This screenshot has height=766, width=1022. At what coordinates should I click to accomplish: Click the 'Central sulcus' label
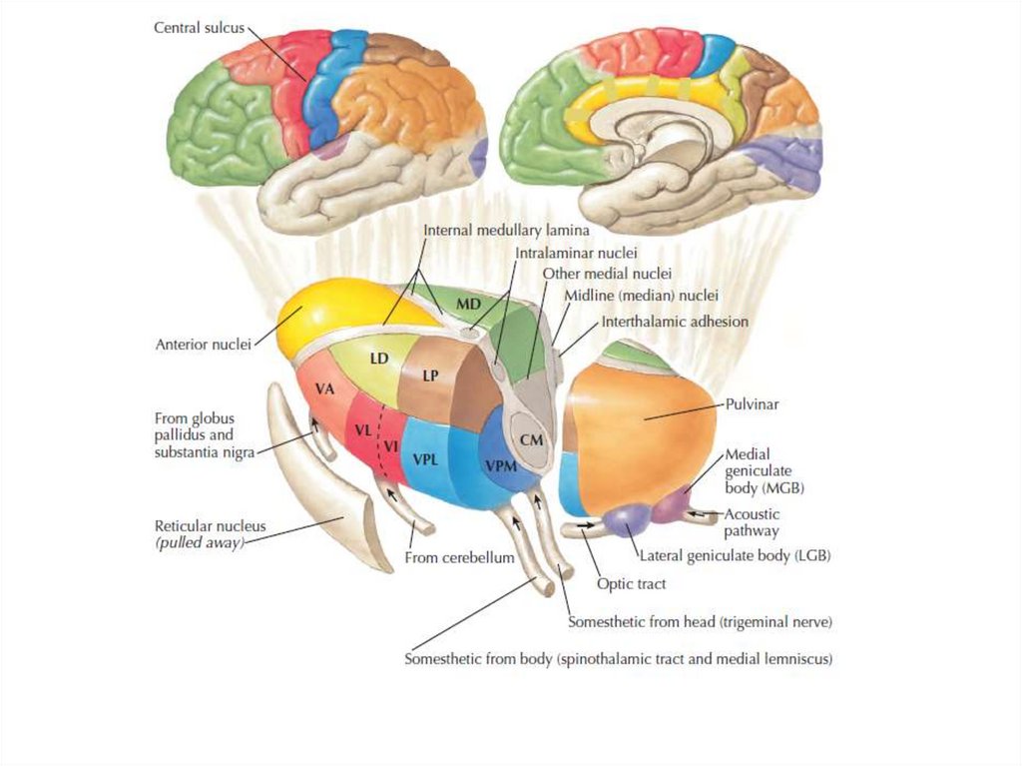(199, 27)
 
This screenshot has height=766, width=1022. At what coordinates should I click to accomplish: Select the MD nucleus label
(468, 302)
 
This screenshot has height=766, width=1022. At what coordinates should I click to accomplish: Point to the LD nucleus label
(378, 357)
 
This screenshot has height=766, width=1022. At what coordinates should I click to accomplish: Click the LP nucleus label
(430, 377)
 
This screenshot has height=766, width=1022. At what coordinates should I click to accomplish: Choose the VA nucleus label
(324, 389)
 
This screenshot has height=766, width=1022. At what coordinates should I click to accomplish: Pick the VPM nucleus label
(500, 466)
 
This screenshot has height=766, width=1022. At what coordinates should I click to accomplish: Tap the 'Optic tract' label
(630, 584)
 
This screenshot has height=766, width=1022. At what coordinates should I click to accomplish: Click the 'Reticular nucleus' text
(210, 526)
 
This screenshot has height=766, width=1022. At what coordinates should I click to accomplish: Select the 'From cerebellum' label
(459, 557)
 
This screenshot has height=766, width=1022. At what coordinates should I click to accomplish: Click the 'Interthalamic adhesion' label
(674, 322)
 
